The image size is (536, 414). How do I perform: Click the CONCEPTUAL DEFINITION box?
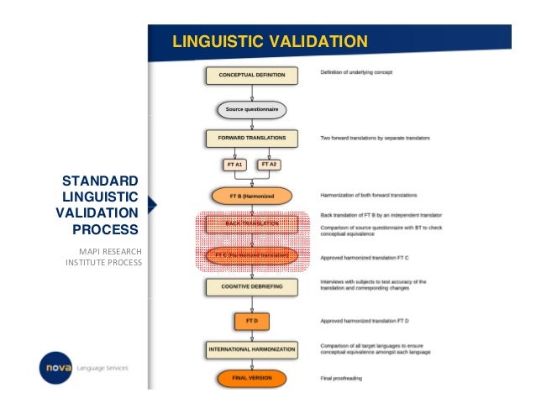click(251, 76)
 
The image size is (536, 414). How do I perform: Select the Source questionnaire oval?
click(251, 109)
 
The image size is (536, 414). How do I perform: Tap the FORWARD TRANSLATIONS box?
click(251, 138)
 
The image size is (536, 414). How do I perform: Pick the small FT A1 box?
click(234, 165)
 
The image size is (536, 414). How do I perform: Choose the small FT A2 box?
click(269, 165)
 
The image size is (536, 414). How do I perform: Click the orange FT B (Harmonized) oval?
click(251, 197)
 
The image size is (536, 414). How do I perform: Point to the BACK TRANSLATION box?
click(251, 224)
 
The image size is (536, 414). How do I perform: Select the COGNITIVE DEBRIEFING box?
click(251, 287)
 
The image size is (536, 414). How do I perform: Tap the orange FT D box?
click(251, 321)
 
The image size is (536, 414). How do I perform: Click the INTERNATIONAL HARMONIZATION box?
click(251, 348)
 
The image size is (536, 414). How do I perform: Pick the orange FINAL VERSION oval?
click(251, 378)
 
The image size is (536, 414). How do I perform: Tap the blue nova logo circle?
click(55, 367)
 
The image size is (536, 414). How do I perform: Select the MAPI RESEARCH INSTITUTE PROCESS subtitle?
click(104, 257)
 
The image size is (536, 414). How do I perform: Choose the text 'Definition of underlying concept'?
click(356, 72)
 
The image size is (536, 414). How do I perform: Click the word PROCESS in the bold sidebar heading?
click(105, 228)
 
